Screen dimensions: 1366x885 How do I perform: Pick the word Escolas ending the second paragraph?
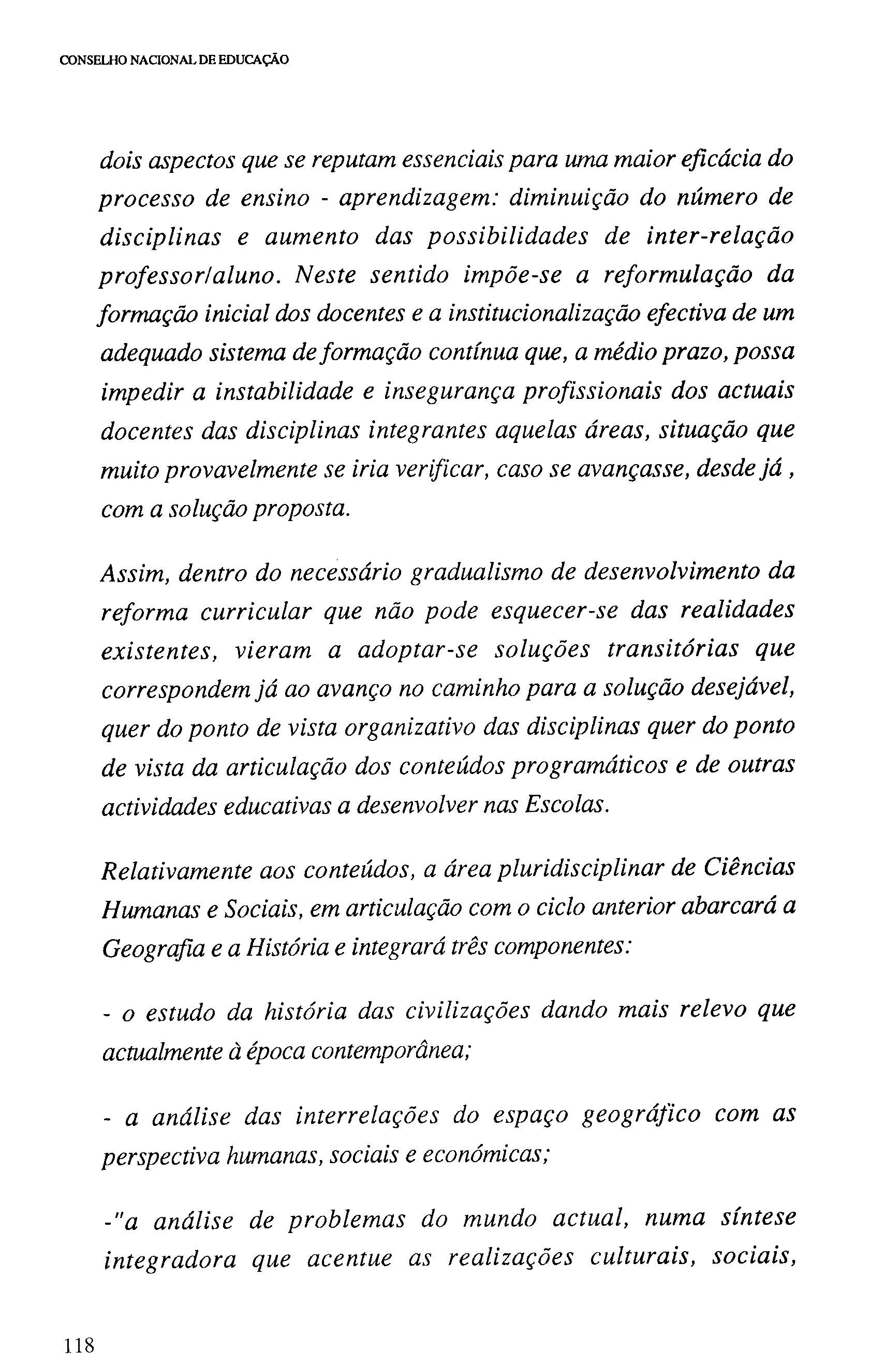565,805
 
